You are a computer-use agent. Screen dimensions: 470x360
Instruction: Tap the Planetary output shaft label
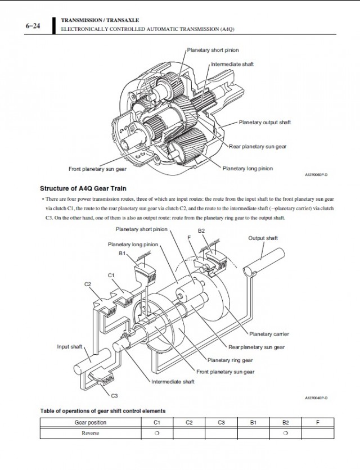[264, 122]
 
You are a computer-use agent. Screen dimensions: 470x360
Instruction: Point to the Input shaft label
[70, 347]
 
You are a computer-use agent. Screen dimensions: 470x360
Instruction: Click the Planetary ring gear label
[230, 360]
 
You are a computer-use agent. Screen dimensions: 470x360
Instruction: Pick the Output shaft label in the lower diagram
[263, 238]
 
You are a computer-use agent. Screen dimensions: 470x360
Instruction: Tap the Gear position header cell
[91, 423]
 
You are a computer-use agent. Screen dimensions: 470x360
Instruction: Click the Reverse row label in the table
[91, 433]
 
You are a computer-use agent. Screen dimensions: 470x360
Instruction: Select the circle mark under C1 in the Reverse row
[157, 433]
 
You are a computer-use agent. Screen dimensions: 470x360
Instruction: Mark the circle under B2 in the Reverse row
[286, 433]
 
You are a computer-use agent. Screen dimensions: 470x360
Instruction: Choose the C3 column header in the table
[222, 423]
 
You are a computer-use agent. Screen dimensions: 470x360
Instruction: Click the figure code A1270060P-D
[316, 175]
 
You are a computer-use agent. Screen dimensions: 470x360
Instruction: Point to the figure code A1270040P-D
[316, 397]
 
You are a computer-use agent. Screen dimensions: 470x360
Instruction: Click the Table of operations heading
[103, 411]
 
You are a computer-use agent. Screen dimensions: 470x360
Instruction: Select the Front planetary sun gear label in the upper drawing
[97, 168]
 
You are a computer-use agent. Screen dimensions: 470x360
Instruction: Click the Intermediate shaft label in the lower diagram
[173, 382]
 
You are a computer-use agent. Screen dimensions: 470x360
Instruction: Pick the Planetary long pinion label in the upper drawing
[248, 168]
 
